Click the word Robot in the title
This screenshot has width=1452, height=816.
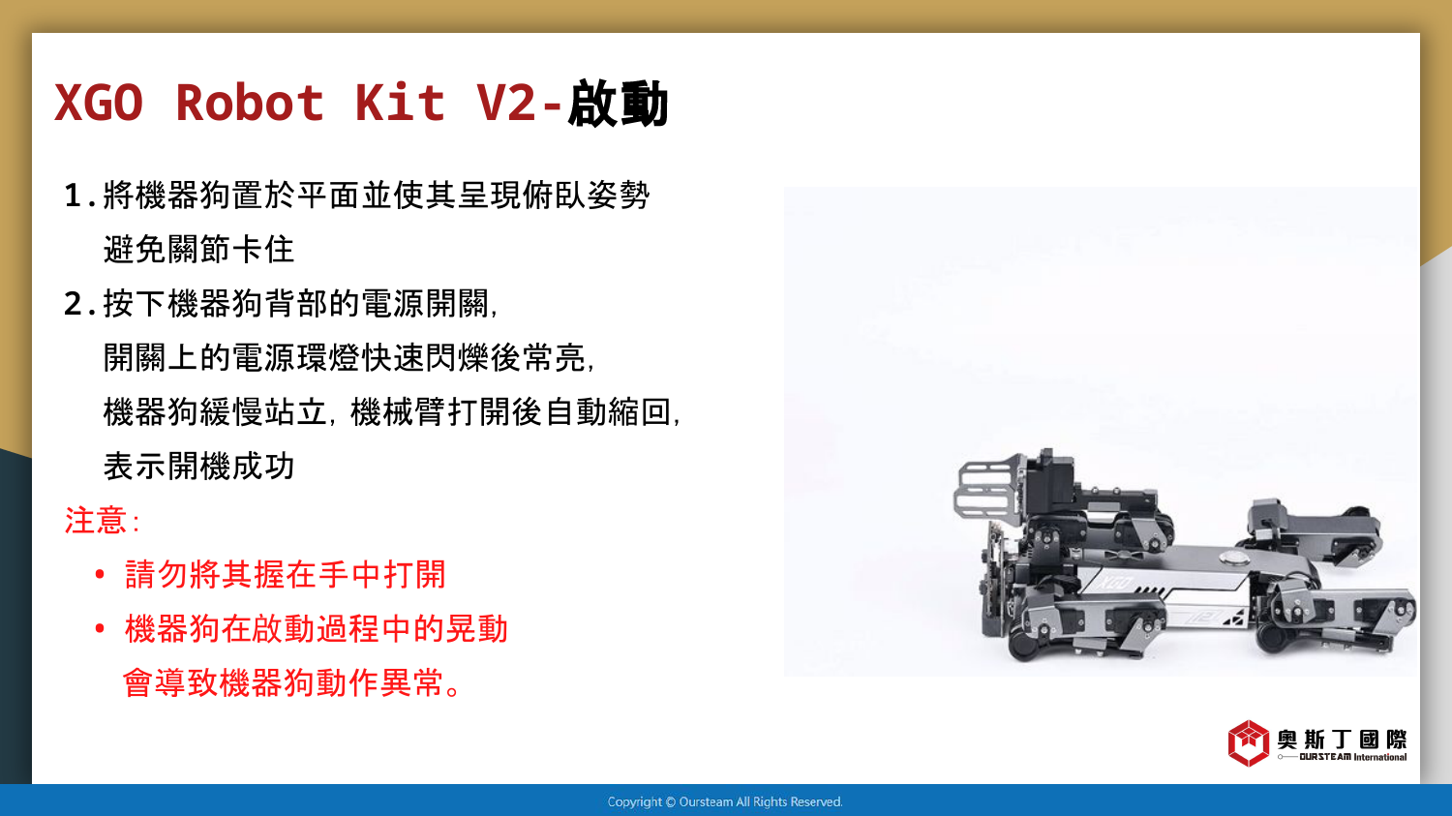(x=250, y=103)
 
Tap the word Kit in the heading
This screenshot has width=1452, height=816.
(x=400, y=103)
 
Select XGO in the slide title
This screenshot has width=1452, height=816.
(x=99, y=103)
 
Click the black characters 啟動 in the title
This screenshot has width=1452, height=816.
(x=618, y=104)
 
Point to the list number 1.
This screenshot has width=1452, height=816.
(x=74, y=196)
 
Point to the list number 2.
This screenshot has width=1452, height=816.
(x=74, y=304)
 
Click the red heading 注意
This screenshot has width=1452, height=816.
(x=95, y=520)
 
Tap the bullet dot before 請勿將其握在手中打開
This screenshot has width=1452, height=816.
(x=100, y=574)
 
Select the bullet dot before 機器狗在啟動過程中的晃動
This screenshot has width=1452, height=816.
(x=100, y=628)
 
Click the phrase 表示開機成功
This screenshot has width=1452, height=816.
(x=199, y=466)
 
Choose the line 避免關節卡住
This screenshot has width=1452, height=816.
(x=199, y=250)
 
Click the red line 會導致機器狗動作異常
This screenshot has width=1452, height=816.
(x=291, y=682)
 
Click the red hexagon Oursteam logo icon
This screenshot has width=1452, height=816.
(x=1249, y=742)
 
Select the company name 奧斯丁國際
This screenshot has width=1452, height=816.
(x=1342, y=739)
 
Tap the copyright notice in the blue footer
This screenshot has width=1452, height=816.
(x=725, y=801)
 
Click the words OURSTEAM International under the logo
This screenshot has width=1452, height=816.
(x=1353, y=757)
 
